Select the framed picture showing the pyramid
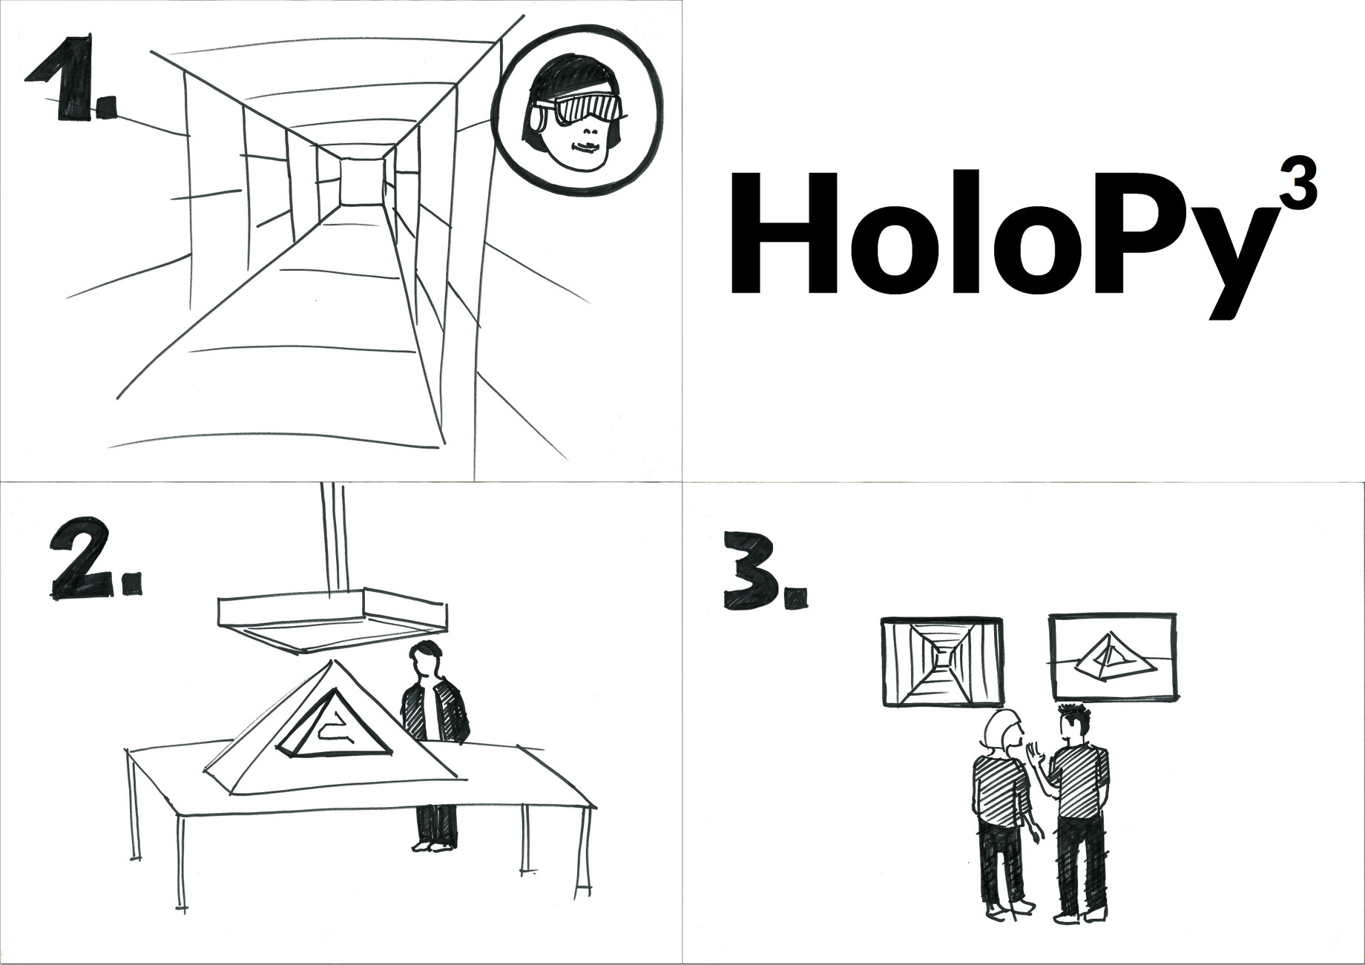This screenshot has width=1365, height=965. pyautogui.click(x=1111, y=657)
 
